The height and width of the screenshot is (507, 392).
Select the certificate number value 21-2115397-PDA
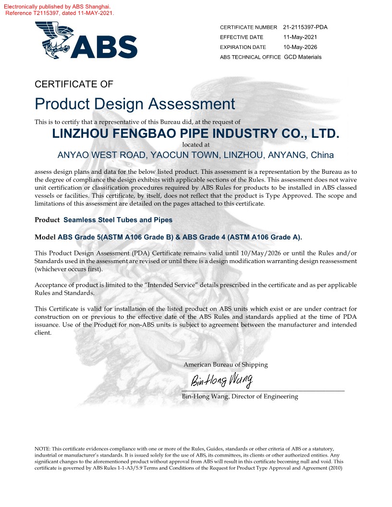pos(305,27)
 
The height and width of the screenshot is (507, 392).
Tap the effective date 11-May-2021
pos(300,37)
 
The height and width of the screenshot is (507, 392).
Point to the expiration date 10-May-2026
pos(300,47)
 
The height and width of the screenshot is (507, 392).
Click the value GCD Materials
pos(303,57)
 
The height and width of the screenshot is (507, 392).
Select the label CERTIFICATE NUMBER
pos(248,27)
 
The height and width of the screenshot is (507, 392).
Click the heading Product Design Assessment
pos(135,104)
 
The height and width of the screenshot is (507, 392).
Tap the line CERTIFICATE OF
pos(74,84)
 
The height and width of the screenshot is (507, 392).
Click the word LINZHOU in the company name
pos(81,133)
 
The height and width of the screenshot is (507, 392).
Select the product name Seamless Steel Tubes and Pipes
pos(118,220)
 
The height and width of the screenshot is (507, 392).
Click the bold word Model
pos(45,237)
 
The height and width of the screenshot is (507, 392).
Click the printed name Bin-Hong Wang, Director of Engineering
pos(240,397)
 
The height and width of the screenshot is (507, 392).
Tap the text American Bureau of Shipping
pos(225,364)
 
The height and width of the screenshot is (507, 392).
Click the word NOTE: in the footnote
pos(42,448)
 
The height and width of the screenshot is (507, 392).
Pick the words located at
pos(196,144)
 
